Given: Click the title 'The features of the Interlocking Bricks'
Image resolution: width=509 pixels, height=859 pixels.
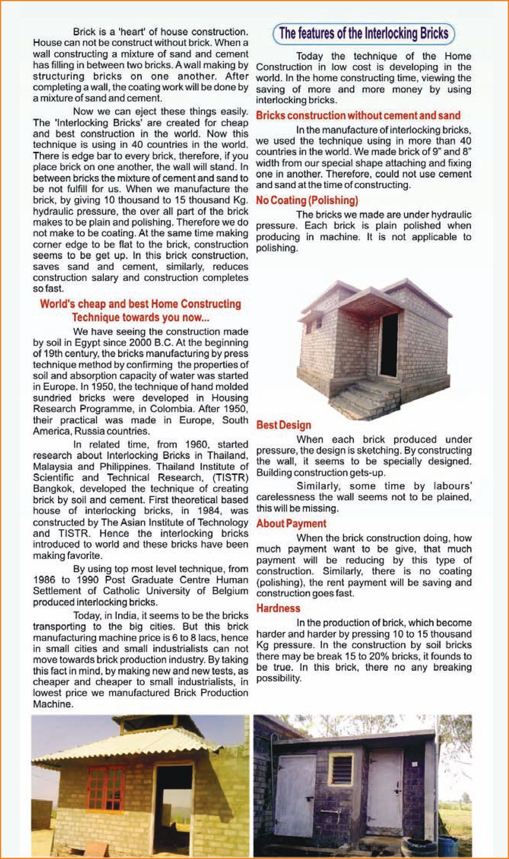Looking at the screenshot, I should point(364,33).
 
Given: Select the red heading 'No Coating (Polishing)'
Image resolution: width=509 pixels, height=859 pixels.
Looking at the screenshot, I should point(307,200).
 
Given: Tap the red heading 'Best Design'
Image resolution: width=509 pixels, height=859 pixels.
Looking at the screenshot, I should point(284,425).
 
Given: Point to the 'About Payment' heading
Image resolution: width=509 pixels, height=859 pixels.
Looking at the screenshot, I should point(291,524).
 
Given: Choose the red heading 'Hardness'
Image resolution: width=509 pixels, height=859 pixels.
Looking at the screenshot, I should point(278,608).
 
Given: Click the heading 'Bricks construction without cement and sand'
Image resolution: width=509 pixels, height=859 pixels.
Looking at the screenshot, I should point(358,116).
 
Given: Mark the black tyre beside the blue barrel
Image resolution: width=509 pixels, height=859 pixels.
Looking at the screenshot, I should point(420,846).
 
